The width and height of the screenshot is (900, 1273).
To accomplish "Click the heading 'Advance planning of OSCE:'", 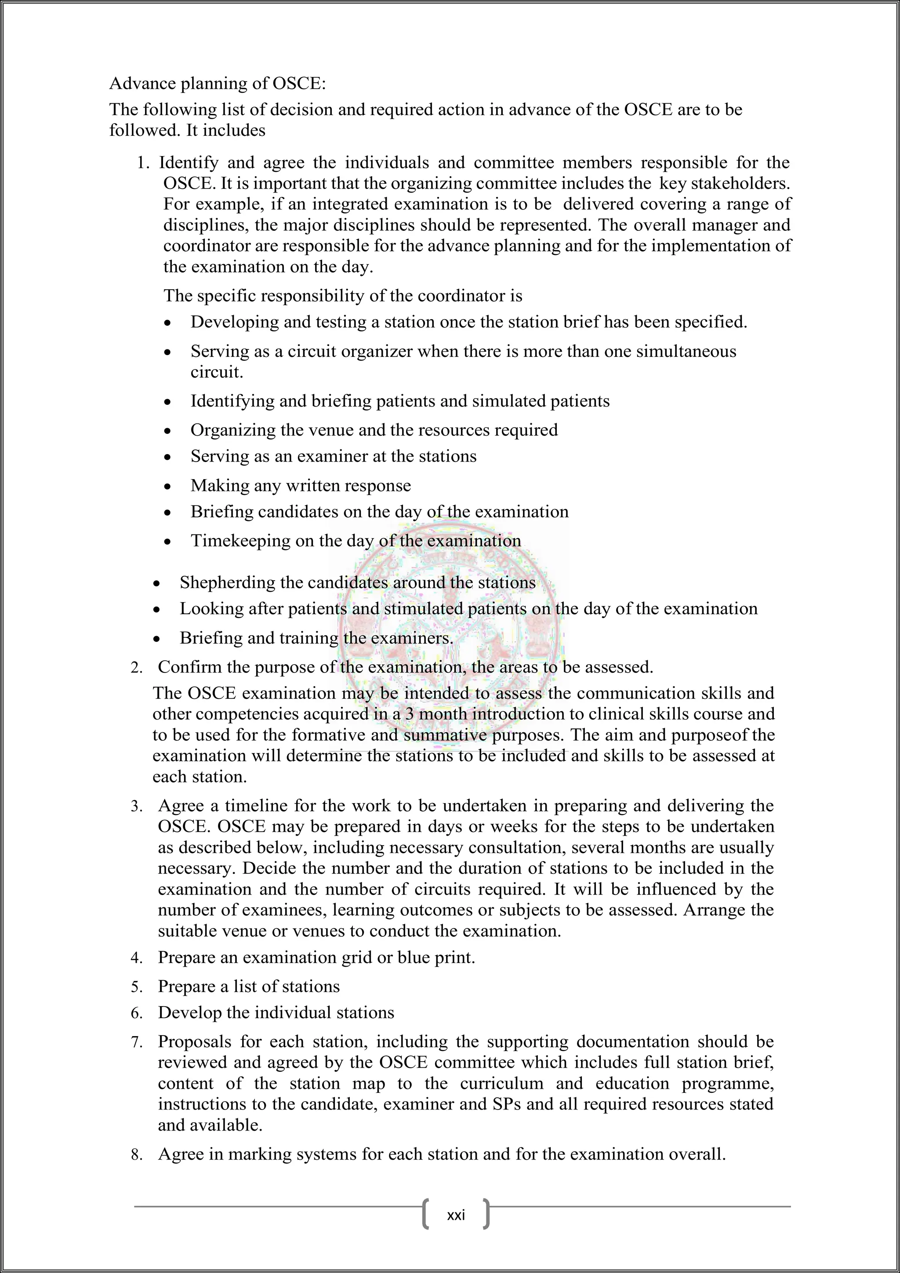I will tap(217, 83).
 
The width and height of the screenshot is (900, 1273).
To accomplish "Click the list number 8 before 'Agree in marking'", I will tap(136, 1156).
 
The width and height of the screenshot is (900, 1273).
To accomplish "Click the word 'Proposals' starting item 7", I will tap(193, 1042).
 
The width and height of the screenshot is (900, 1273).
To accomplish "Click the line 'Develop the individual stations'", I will tap(276, 1013).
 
